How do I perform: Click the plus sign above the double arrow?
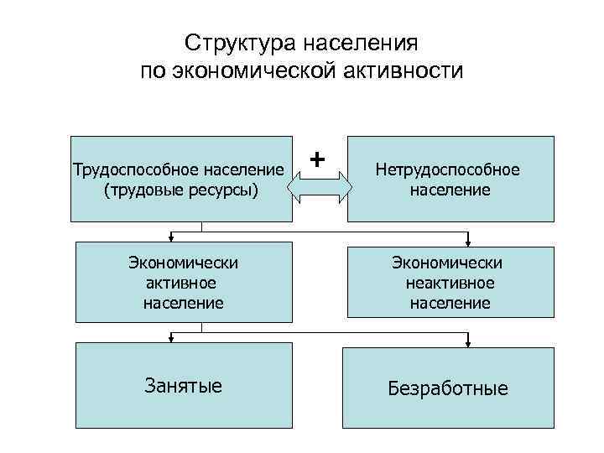point(317,158)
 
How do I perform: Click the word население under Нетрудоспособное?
point(450,190)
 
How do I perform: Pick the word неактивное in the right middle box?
point(450,283)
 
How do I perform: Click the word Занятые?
point(183,386)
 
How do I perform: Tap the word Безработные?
point(448,388)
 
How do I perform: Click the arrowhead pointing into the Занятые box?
point(171,340)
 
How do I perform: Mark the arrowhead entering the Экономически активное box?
point(171,238)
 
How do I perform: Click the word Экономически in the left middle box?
point(183,263)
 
